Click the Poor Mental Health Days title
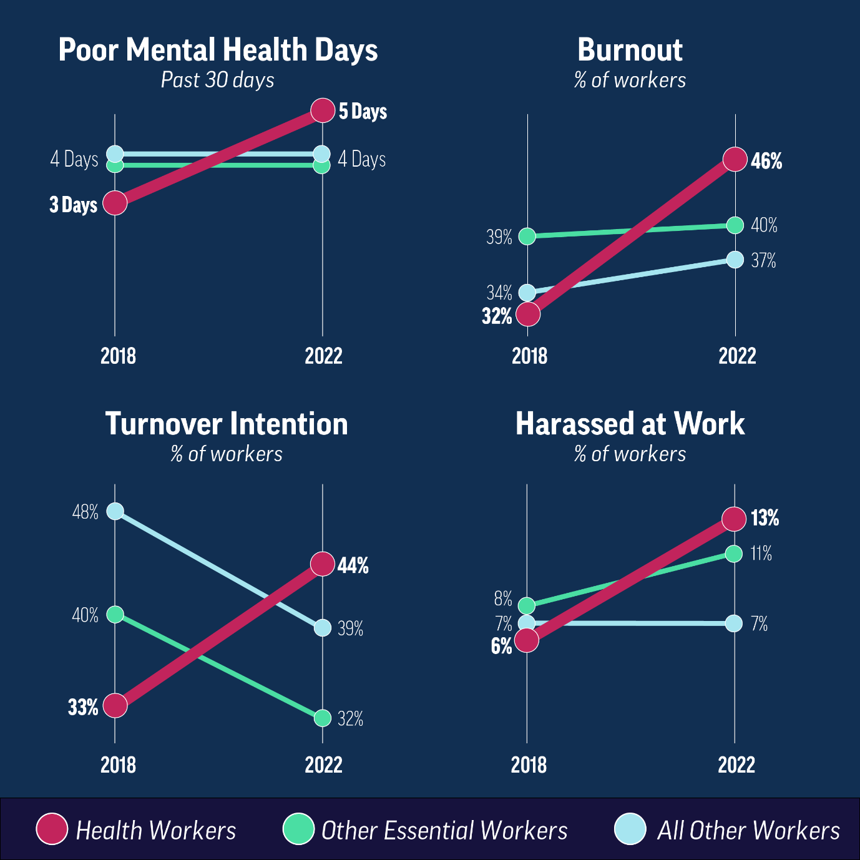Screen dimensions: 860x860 click(x=218, y=50)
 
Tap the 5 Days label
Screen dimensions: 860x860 click(x=363, y=112)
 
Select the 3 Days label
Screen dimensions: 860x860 click(x=74, y=205)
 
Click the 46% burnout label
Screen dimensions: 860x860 click(x=766, y=161)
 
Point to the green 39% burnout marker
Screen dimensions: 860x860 click(x=527, y=236)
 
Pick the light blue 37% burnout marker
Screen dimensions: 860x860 click(x=735, y=260)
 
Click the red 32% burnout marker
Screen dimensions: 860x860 click(x=528, y=314)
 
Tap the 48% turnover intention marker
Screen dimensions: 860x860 click(x=115, y=511)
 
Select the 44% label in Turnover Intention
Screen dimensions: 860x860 click(x=353, y=565)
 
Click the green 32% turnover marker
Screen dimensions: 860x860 click(x=322, y=718)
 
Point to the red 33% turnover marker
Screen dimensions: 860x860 click(x=115, y=706)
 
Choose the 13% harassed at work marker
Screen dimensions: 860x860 click(x=734, y=519)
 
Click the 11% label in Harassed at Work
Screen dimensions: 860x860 click(x=761, y=554)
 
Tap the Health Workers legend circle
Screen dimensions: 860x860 click(x=52, y=829)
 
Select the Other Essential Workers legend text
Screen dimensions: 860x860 click(x=444, y=831)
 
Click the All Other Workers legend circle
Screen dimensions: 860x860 click(x=630, y=829)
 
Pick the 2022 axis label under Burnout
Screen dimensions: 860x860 click(x=737, y=356)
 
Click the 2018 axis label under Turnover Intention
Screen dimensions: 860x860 click(x=118, y=765)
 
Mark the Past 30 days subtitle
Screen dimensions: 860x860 click(x=217, y=80)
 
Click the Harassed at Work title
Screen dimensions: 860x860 click(x=630, y=424)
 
